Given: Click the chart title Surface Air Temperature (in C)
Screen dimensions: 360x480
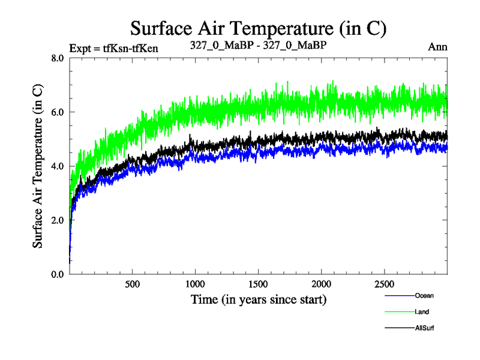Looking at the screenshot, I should pos(258,28).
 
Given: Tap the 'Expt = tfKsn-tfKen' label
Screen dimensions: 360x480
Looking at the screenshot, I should pos(114,49).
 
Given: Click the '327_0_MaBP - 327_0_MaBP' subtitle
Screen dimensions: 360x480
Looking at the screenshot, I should pos(258,46).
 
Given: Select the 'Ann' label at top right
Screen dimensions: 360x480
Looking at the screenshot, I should pos(438,46).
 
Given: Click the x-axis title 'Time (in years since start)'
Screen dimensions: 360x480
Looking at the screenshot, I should pos(259,299).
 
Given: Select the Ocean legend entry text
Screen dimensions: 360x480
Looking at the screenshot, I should pos(424,295).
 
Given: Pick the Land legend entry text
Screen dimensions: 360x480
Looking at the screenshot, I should pos(422,312).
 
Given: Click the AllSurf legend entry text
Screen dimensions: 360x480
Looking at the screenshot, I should pos(424,328).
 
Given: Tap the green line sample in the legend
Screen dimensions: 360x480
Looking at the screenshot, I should pos(399,312).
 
